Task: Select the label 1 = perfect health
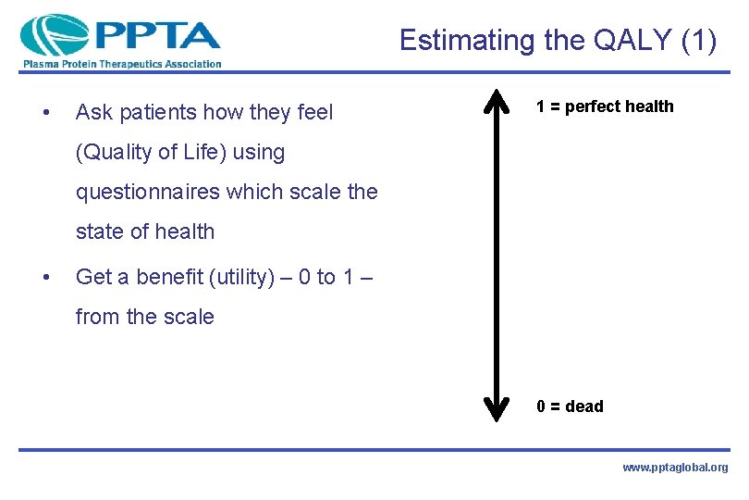click(606, 106)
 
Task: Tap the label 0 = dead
click(570, 406)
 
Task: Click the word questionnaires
click(148, 192)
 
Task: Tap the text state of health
click(144, 231)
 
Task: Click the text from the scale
click(144, 317)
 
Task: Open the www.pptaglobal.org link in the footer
click(675, 468)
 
